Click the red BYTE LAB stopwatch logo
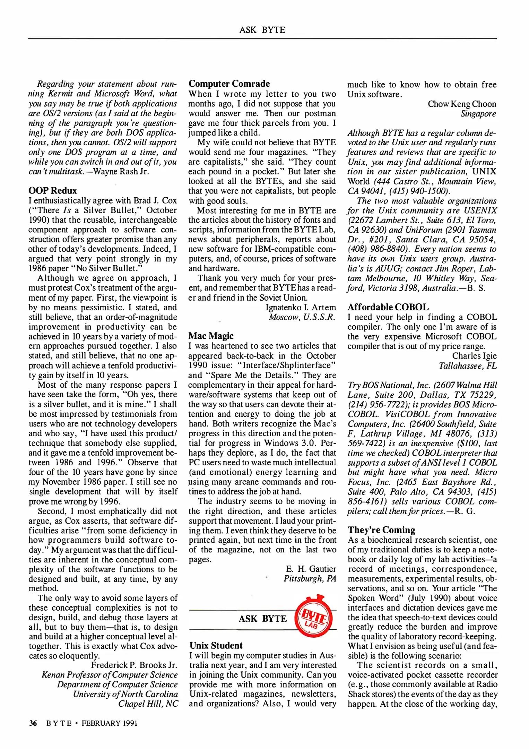tap(313, 618)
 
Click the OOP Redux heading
tap(52, 190)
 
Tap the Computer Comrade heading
tap(229, 84)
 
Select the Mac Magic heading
tap(211, 336)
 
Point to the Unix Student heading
tap(216, 645)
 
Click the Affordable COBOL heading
tap(388, 307)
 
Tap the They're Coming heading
tap(381, 530)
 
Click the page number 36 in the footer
tap(33, 723)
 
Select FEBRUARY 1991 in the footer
tap(110, 723)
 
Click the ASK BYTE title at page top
tap(262, 30)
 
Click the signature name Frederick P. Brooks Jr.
tap(134, 665)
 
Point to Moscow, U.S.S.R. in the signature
tap(302, 317)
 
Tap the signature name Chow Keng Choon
tap(461, 104)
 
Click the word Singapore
tap(478, 114)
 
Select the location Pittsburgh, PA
tap(310, 578)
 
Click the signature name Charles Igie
tap(474, 356)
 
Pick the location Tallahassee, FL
tap(467, 365)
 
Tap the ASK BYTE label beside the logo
tap(262, 619)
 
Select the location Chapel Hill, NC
tap(148, 704)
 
